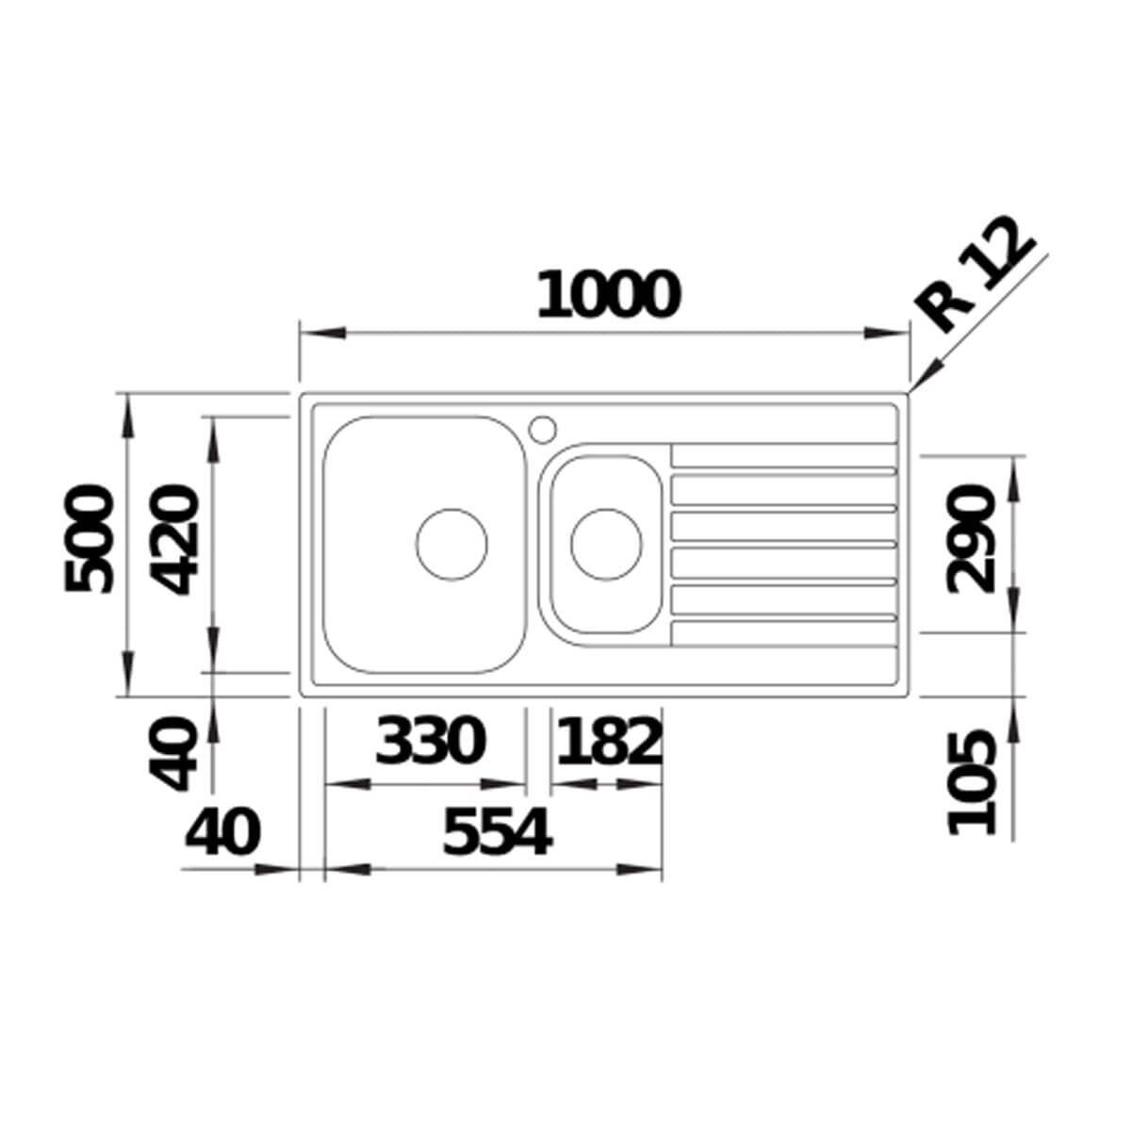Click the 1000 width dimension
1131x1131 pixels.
[x=609, y=294]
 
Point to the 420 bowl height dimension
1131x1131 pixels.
[x=174, y=540]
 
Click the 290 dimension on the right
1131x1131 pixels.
[x=972, y=539]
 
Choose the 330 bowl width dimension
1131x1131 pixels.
[x=430, y=741]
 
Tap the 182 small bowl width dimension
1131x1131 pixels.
[x=609, y=741]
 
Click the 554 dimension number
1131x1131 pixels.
[x=497, y=832]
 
